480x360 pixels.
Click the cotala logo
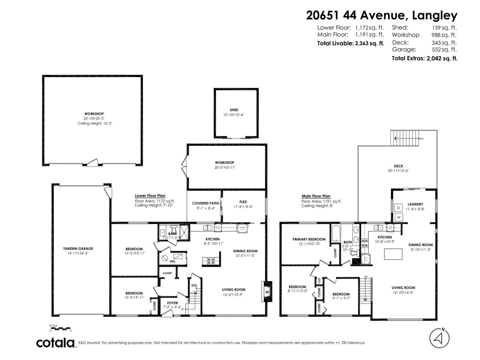(56, 343)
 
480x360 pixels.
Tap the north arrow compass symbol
(439, 338)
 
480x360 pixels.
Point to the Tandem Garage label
(78, 248)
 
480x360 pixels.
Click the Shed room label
(234, 110)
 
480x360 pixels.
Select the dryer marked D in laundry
(399, 208)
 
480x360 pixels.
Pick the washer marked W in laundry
(399, 217)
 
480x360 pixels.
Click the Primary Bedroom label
(309, 239)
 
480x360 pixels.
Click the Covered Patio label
(204, 203)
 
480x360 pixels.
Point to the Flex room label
(243, 202)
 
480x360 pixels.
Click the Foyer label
(173, 303)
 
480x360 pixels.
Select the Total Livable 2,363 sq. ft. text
(350, 43)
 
